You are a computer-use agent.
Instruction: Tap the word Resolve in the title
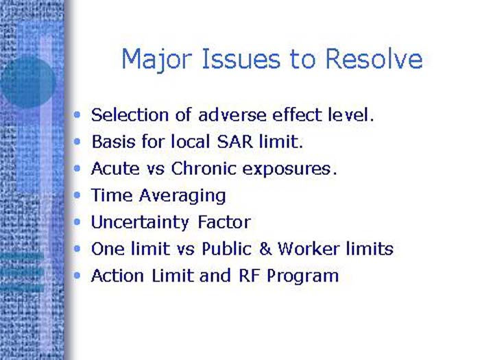coord(374,60)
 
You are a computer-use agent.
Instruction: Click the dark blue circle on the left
coord(27,82)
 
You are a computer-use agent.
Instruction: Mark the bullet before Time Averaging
coord(80,195)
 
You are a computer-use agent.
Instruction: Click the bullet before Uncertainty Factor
coord(80,222)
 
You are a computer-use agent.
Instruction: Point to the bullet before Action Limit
coord(80,276)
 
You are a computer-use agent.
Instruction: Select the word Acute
coord(113,168)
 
